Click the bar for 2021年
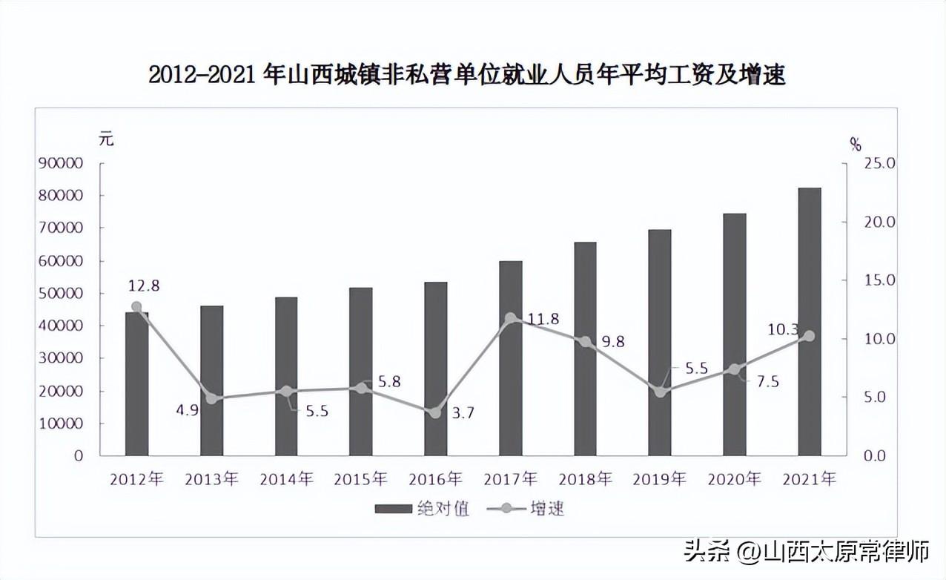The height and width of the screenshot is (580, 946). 809,321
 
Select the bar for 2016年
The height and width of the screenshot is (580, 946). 435,369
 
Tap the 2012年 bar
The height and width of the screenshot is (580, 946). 137,384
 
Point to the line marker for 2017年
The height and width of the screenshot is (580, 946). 511,318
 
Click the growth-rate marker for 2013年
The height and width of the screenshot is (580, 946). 211,398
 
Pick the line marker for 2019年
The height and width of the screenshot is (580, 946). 660,392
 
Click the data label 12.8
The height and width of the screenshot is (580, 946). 144,286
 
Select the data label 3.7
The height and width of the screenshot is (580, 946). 463,412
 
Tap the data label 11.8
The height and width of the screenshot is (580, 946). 543,319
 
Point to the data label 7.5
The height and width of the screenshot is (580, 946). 767,381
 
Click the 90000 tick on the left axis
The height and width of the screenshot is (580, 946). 60,163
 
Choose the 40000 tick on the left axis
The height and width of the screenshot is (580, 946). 60,326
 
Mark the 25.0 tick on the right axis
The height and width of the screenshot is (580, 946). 879,163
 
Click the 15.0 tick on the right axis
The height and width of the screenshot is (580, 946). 879,280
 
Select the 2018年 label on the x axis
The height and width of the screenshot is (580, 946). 586,479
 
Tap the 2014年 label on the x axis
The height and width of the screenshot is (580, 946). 286,479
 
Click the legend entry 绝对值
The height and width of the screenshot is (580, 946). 422,509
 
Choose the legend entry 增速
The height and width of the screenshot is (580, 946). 526,509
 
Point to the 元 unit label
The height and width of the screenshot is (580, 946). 106,139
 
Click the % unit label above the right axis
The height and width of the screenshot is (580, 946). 856,145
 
